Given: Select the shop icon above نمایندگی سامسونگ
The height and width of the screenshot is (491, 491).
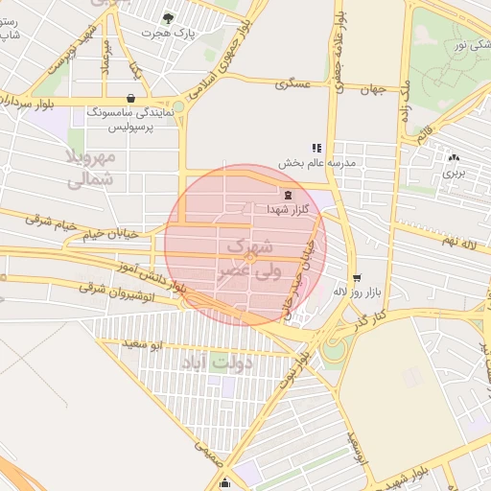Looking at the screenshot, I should [130, 98].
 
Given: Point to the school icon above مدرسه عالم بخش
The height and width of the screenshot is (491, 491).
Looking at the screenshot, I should [316, 148].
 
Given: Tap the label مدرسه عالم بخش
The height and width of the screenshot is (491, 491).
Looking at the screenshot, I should [317, 163].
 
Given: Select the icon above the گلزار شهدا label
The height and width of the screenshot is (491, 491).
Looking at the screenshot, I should [288, 195].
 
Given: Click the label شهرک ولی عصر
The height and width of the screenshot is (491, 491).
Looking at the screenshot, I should [246, 258].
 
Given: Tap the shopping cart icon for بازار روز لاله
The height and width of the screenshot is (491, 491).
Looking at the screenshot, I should [356, 277].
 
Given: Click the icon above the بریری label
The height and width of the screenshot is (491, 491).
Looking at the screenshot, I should [453, 158].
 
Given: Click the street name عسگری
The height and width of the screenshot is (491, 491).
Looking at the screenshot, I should [293, 84].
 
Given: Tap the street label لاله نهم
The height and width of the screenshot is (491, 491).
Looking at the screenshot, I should [454, 240].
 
